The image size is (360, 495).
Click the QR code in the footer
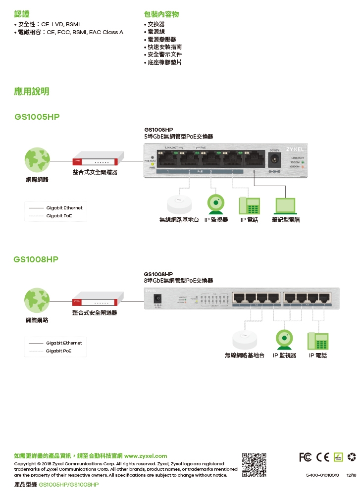click(254, 464)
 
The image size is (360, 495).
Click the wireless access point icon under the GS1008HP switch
click(245, 340)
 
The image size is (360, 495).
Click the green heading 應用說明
click(32, 92)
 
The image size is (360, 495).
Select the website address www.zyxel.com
click(146, 455)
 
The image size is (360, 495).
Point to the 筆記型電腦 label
click(286, 219)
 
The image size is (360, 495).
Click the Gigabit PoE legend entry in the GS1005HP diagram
click(59, 216)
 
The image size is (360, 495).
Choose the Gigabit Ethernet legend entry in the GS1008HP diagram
click(64, 343)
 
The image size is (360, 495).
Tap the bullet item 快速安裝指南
click(164, 47)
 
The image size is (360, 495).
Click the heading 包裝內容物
click(161, 14)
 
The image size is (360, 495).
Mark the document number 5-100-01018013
click(322, 475)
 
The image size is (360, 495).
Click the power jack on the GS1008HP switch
click(158, 299)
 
